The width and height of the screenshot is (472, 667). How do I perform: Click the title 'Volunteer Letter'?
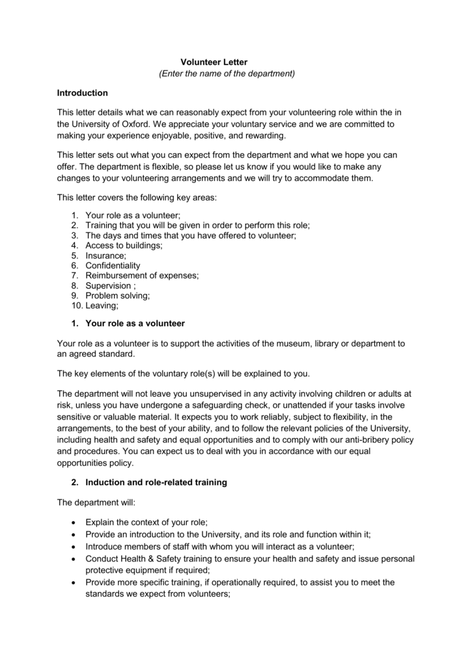(x=214, y=62)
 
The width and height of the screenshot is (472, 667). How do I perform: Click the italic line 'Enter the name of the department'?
(x=227, y=74)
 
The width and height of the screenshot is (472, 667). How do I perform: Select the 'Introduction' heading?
(x=83, y=93)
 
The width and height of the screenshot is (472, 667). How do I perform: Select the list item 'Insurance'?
(x=105, y=256)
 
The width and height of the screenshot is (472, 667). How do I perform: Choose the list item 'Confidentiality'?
(x=113, y=266)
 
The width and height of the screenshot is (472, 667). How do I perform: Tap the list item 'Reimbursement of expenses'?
(x=142, y=276)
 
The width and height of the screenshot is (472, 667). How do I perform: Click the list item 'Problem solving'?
(x=117, y=295)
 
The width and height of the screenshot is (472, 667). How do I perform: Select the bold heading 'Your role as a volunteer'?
(x=135, y=324)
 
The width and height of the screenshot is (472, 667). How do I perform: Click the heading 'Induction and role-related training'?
(x=156, y=483)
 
